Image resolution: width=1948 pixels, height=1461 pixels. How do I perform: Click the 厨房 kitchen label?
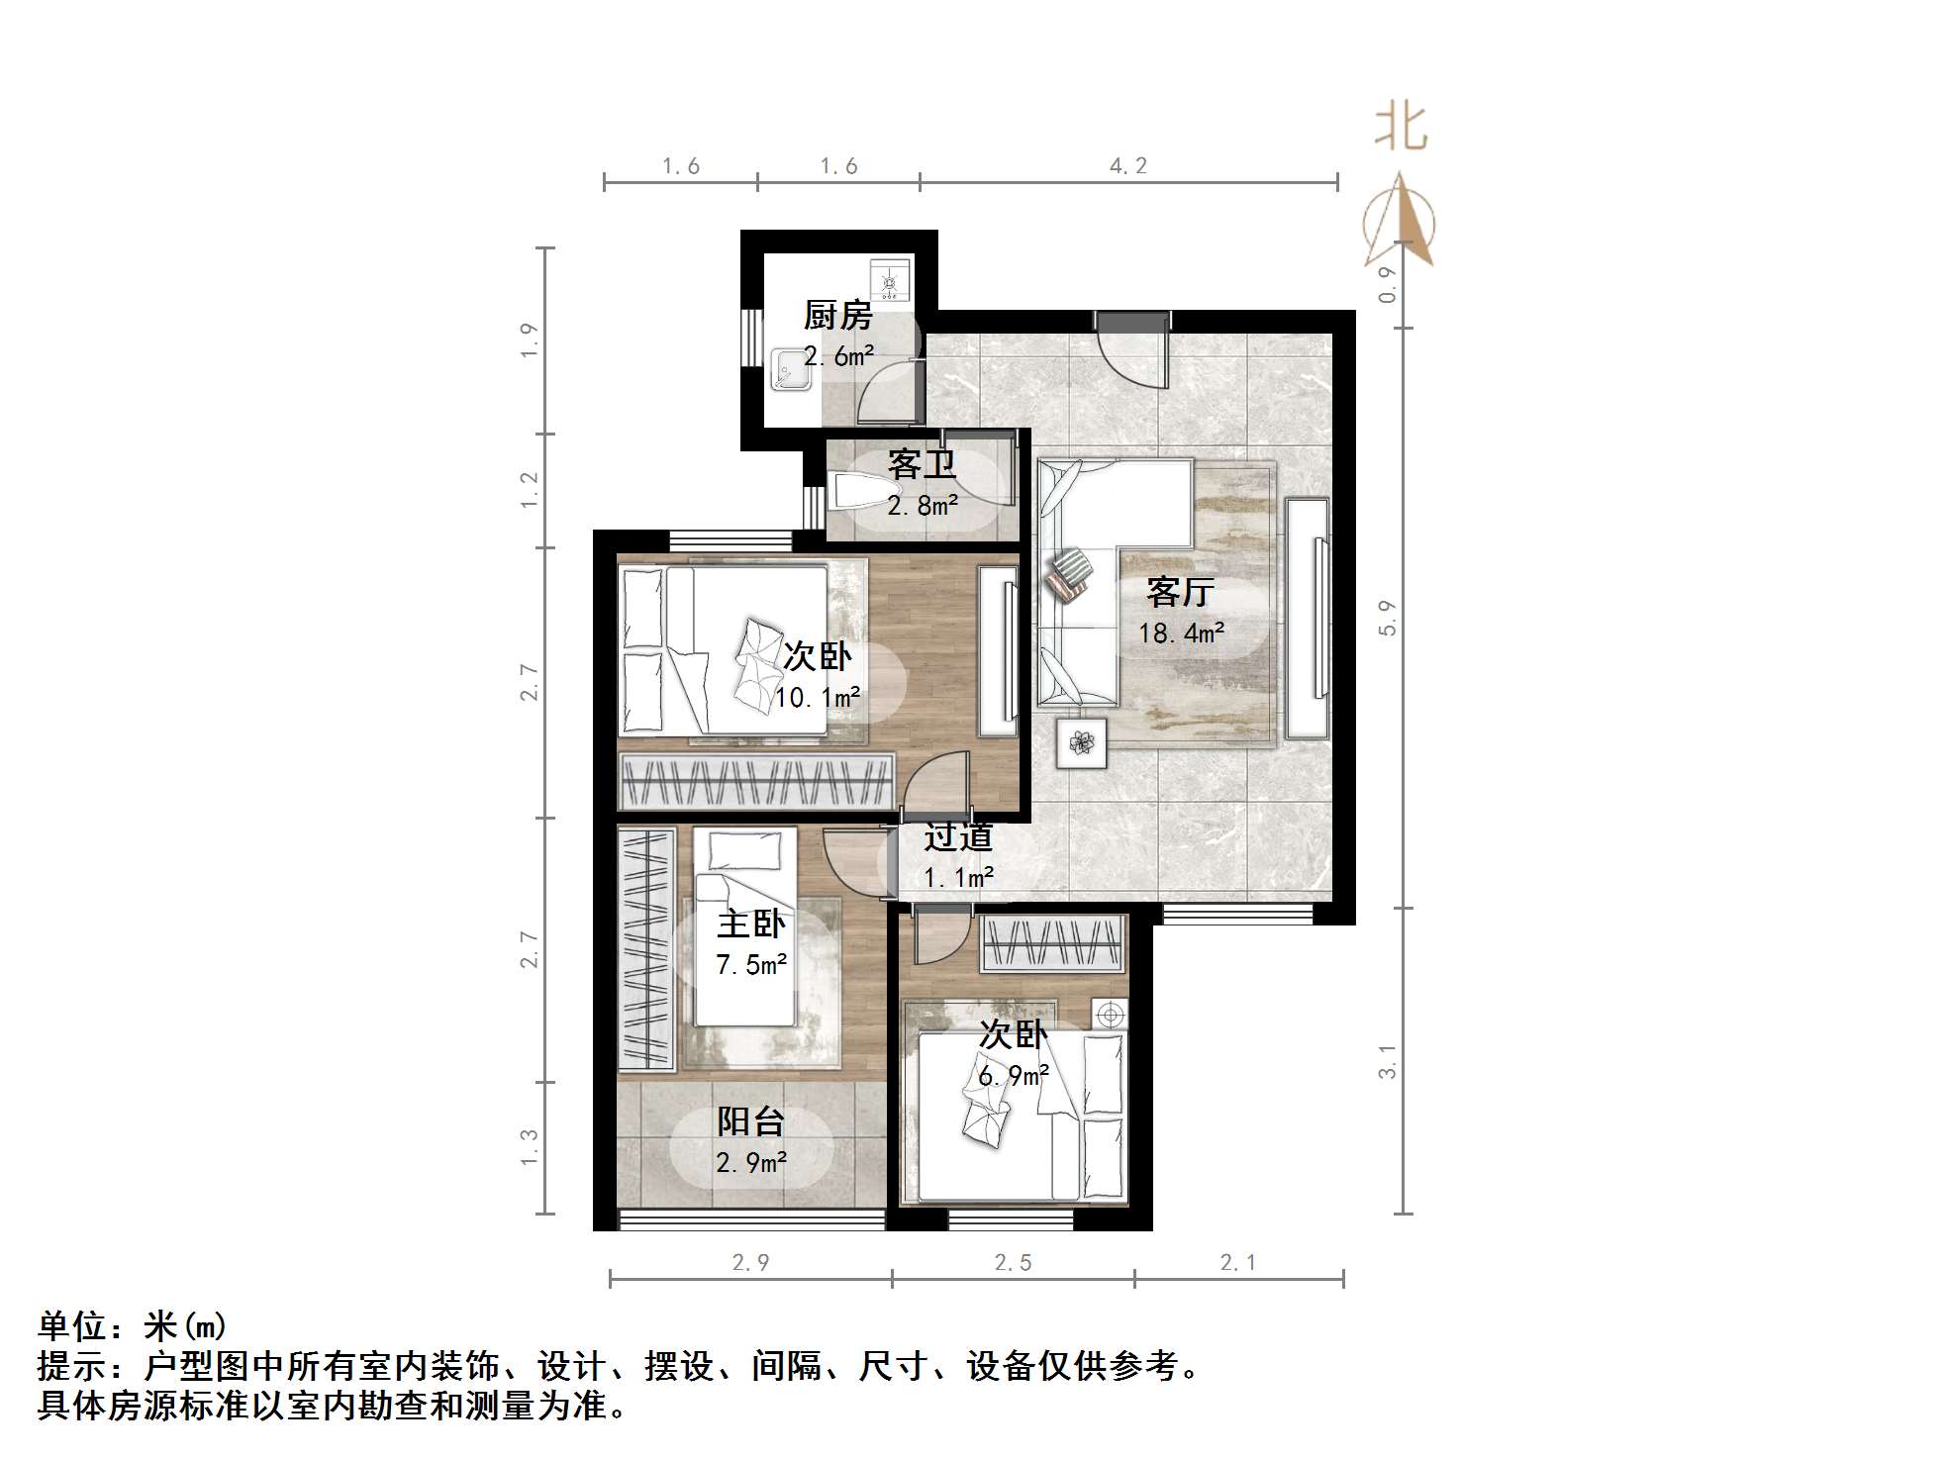coord(837,316)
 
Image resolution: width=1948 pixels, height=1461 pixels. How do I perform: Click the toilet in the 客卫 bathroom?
coord(863,491)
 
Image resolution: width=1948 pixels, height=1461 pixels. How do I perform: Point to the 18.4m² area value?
coord(1181,633)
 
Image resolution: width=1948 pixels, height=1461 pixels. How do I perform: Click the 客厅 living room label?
coord(1180,592)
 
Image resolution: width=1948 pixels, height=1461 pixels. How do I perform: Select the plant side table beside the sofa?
coord(1080,742)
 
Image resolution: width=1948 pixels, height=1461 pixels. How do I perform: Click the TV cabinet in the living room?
coord(1307,618)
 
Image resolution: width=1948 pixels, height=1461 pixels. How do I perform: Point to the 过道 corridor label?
coord(957,837)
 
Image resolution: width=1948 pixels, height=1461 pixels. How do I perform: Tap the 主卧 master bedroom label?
coord(751,924)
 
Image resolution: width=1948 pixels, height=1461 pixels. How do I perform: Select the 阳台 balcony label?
coord(750,1121)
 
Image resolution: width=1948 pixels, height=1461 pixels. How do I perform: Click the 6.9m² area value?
coord(1013,1076)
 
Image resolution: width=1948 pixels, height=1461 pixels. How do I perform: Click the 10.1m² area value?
coord(817,698)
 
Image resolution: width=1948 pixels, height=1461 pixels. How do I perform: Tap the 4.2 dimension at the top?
coord(1127,166)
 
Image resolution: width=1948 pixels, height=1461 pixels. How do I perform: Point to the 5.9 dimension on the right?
coord(1388,618)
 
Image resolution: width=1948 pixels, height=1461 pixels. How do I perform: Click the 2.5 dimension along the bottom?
coord(1013,1262)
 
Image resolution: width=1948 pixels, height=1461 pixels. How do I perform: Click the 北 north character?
coord(1400,129)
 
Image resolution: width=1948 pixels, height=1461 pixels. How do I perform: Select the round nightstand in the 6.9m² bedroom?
coord(1110,1015)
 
